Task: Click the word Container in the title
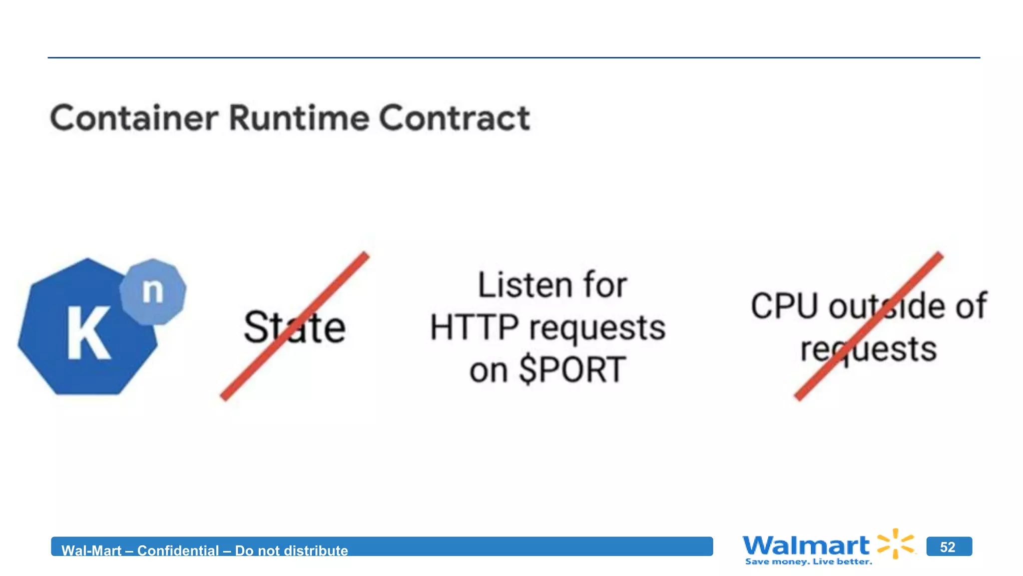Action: point(134,118)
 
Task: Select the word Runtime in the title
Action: point(299,118)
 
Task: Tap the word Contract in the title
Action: point(454,118)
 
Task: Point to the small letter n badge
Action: point(153,291)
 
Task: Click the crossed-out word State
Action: point(294,327)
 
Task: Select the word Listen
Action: point(524,285)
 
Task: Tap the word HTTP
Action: point(474,328)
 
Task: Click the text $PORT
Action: point(572,370)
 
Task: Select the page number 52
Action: point(948,547)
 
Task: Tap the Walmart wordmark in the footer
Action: point(806,545)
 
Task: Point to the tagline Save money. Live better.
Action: point(809,562)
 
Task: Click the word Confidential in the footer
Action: point(178,550)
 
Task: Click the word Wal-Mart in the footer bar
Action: point(91,550)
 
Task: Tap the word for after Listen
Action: point(605,285)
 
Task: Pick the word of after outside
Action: point(971,306)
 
